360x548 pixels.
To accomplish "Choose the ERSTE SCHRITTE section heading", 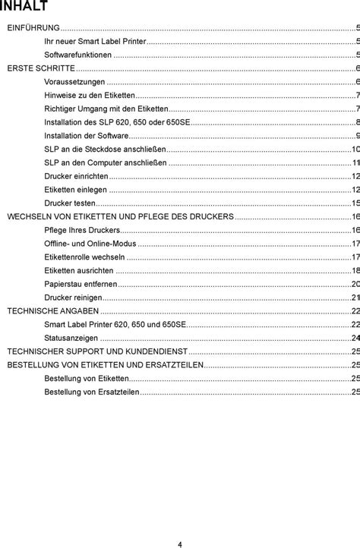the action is point(41,68).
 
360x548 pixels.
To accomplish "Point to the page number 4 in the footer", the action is point(180,523).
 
